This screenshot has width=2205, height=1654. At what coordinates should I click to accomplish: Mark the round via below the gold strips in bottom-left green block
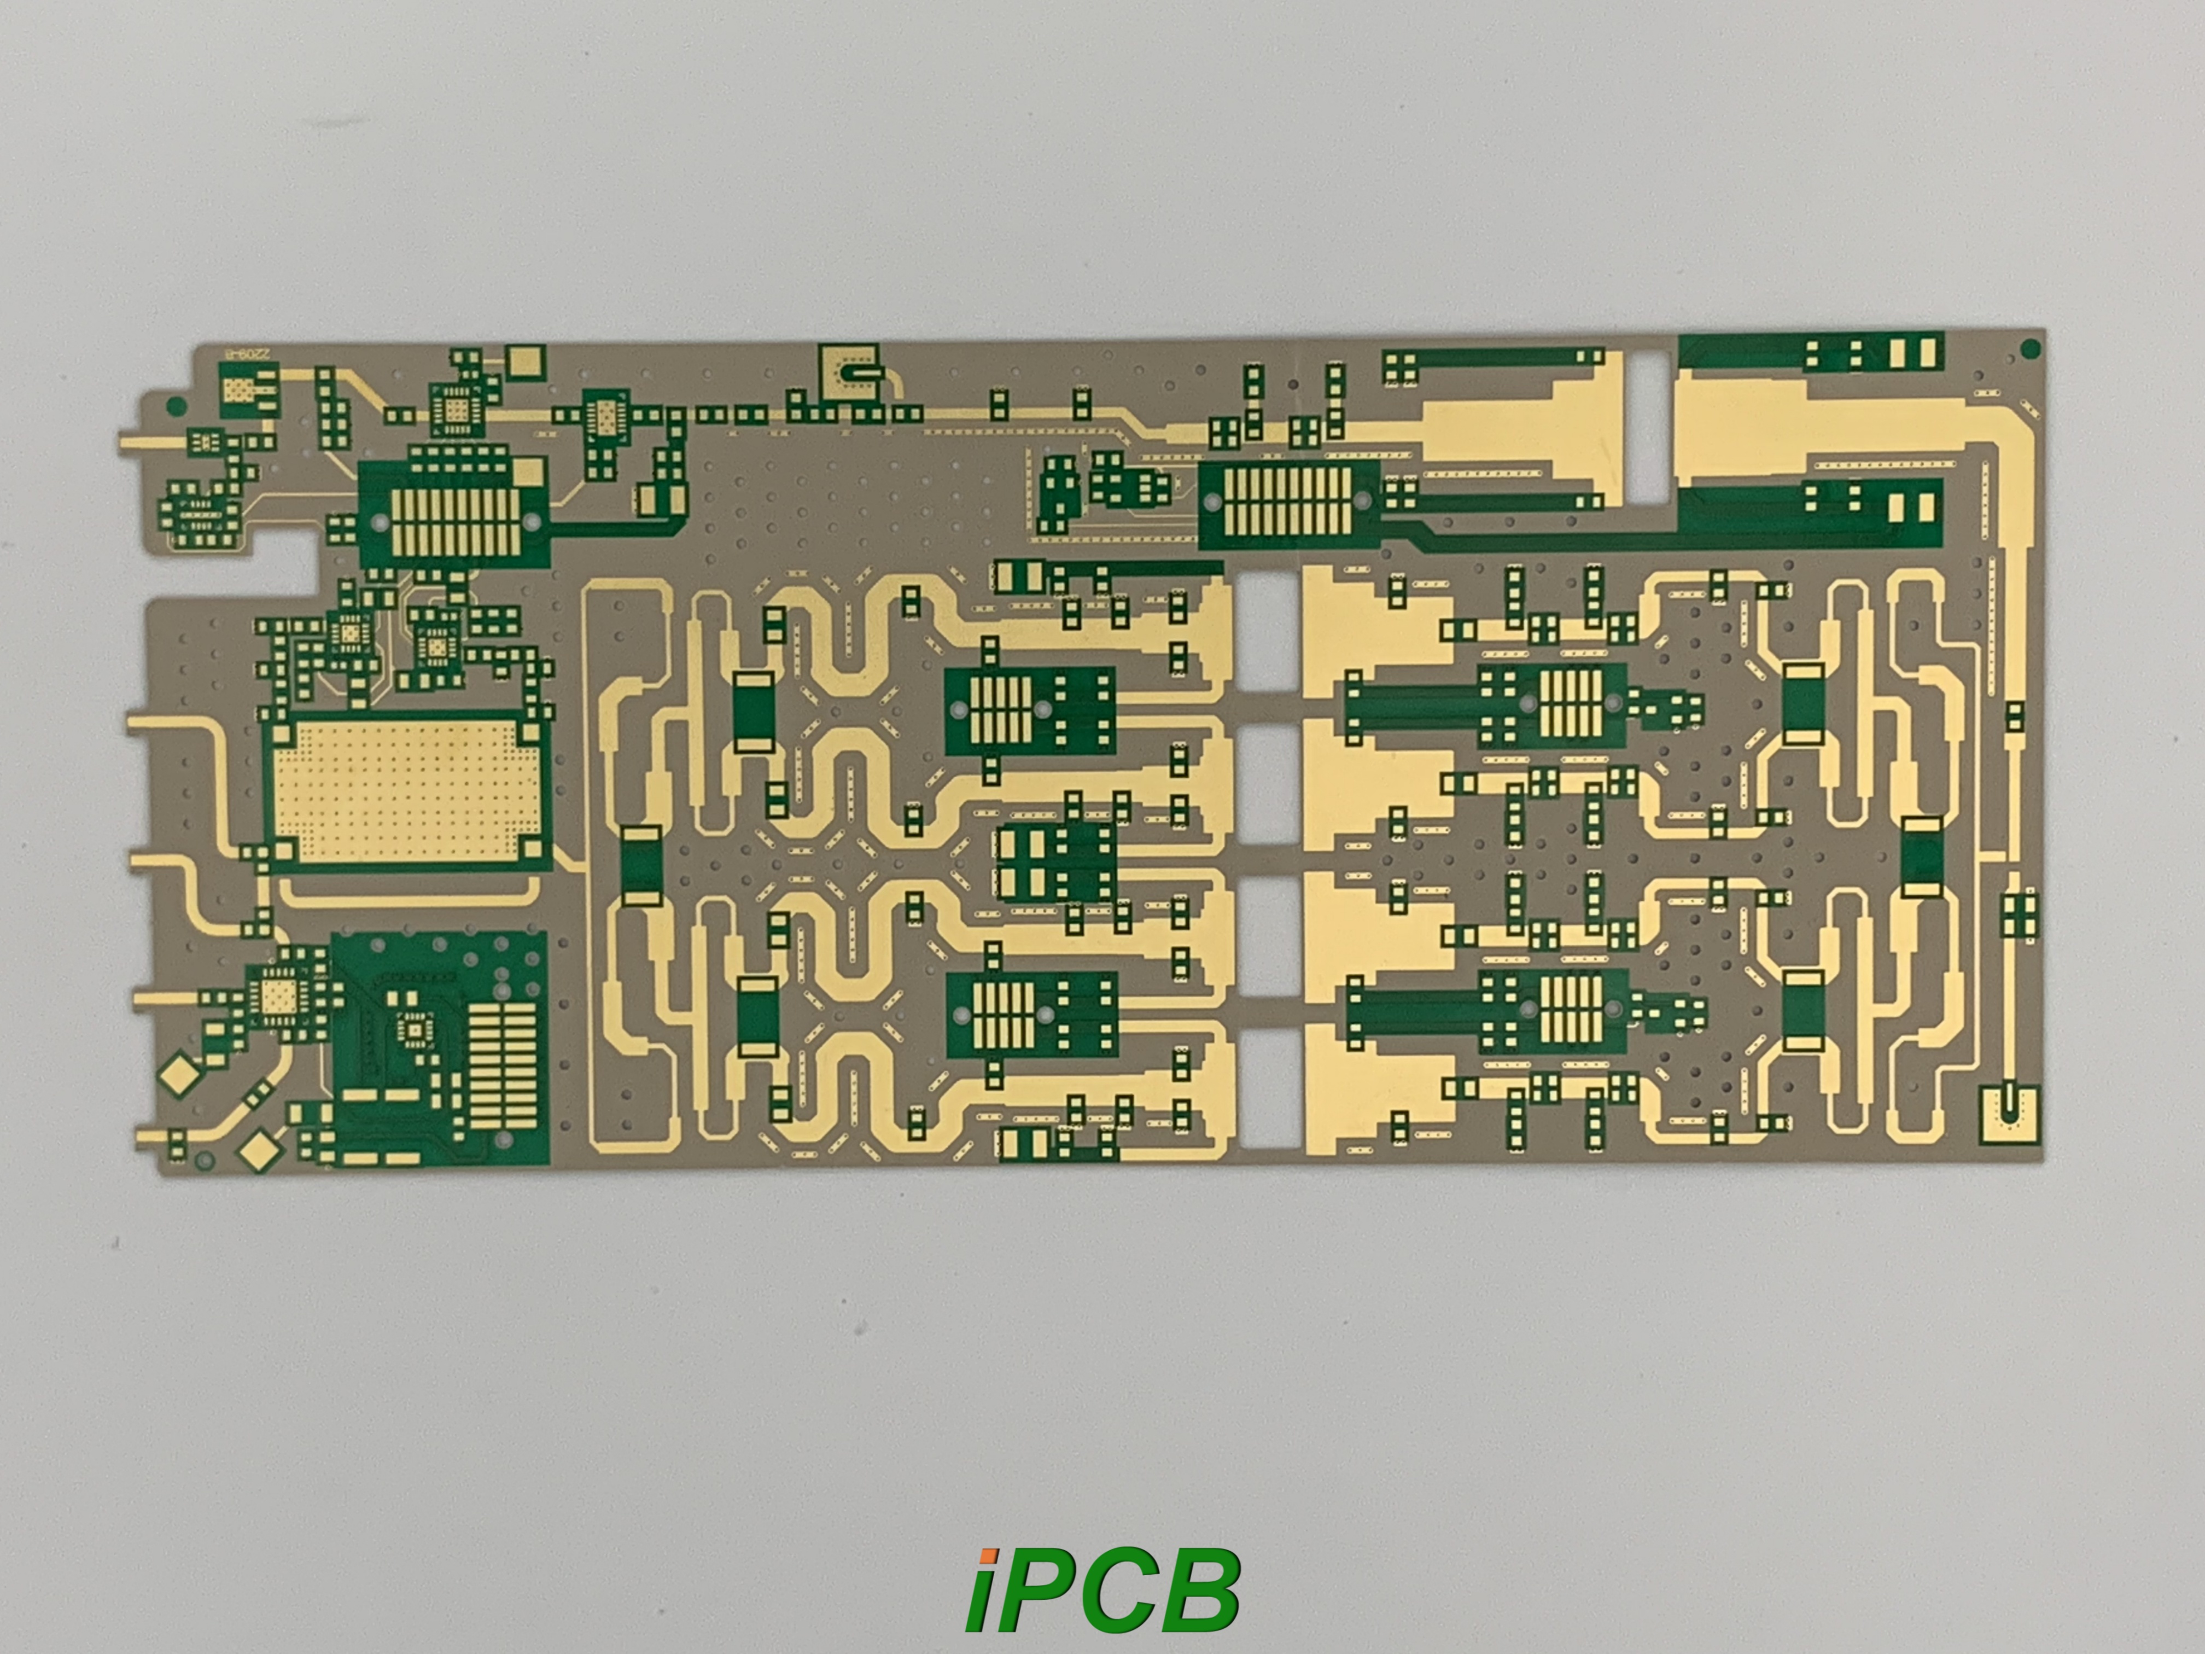tap(504, 1139)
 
